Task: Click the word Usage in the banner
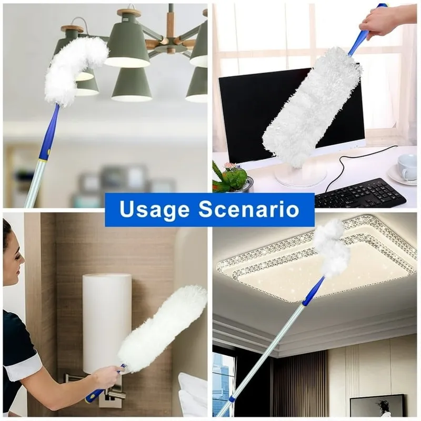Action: point(154,209)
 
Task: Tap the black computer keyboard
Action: point(360,193)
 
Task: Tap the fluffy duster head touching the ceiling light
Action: point(332,248)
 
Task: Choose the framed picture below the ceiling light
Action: point(377,405)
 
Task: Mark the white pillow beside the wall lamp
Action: point(192,394)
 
